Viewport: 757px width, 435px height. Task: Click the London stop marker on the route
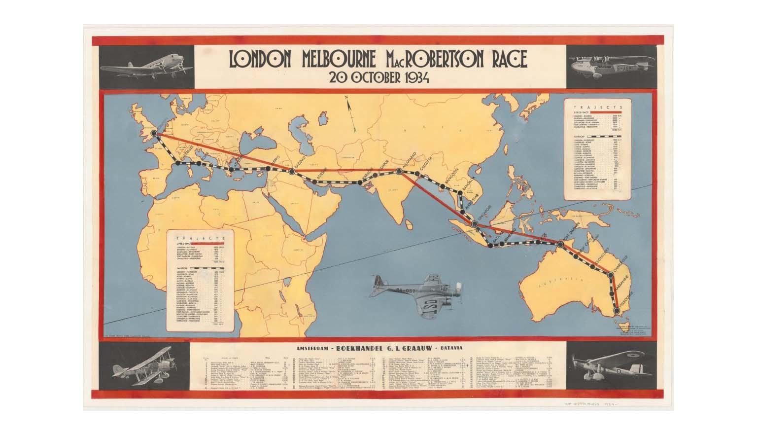(x=154, y=133)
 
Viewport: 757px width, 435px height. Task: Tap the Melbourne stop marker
(x=615, y=311)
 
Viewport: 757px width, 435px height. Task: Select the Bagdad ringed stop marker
(x=292, y=171)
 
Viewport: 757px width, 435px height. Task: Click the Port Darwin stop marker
(x=560, y=244)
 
